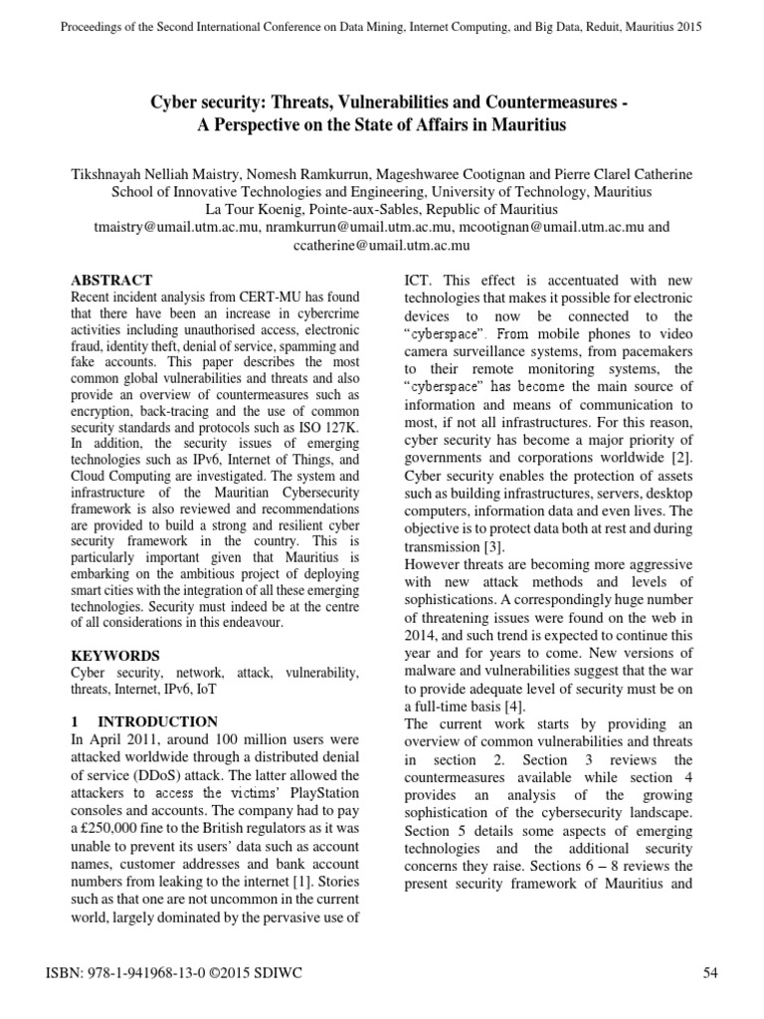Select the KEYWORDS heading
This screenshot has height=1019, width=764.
point(116,656)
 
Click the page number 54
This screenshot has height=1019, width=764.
point(710,974)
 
